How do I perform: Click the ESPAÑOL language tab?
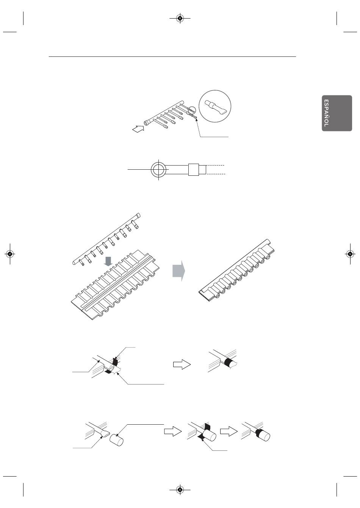tap(337, 113)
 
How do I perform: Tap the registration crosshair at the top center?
tap(180, 18)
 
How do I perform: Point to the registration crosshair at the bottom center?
tap(180, 490)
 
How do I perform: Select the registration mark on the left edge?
tap(10, 254)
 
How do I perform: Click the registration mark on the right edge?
tap(350, 254)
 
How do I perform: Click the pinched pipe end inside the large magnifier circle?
tap(214, 107)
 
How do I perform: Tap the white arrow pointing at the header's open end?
tap(138, 128)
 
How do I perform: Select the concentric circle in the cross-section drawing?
tap(158, 169)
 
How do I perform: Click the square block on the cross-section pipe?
tap(194, 169)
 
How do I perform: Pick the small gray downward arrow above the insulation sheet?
tap(108, 261)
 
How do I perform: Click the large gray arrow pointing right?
tap(179, 271)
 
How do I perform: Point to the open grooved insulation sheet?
tap(116, 285)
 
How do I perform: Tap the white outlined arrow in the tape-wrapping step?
tap(182, 364)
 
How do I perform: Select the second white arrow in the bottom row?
tap(229, 431)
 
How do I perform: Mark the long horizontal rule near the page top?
tap(172, 56)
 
